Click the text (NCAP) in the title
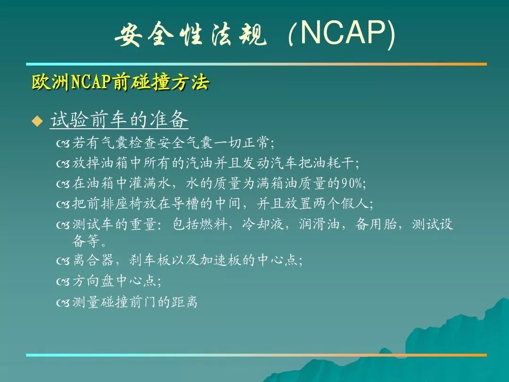coord(342,34)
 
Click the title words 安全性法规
coord(191,34)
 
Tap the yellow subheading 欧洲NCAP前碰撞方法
coord(121,82)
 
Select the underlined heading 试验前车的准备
coord(119,119)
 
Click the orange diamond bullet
coord(37,121)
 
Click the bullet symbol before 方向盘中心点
coord(63,281)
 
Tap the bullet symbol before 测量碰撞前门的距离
coord(63,303)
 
